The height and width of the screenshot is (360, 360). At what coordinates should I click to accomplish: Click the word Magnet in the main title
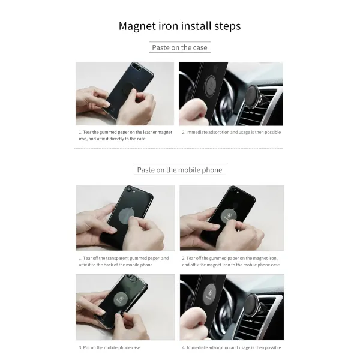[x=137, y=26]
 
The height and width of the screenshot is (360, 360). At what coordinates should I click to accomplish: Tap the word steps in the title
[x=227, y=26]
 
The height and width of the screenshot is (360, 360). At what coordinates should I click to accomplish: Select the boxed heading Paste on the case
[x=180, y=47]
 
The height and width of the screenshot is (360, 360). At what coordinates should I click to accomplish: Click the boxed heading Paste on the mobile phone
[x=180, y=169]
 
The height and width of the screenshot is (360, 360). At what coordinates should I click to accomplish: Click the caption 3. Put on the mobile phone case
[x=110, y=347]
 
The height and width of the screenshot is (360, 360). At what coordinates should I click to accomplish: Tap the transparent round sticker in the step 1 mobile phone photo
[x=127, y=217]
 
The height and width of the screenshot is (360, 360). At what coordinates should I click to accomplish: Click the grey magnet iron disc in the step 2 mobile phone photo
[x=229, y=217]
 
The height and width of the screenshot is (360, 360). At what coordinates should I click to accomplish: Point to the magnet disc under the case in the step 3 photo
[x=121, y=299]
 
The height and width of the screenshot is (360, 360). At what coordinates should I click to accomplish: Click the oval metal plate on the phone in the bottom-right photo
[x=209, y=295]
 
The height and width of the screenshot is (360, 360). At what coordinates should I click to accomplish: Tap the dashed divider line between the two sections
[x=178, y=149]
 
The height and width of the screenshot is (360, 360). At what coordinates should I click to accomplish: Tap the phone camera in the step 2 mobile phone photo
[x=233, y=190]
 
